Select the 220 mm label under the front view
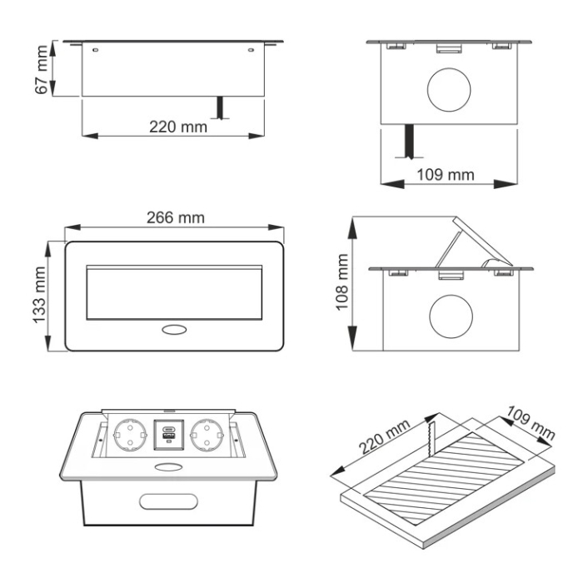point(178,127)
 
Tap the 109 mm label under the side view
point(445,175)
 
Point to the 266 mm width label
point(176,218)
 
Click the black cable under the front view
point(220,108)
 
